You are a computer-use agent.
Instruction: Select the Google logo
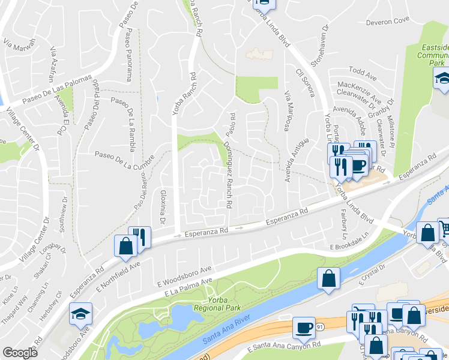point(20,353)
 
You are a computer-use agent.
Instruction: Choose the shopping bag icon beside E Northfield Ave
point(125,245)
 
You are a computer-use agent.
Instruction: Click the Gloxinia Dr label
point(162,208)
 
